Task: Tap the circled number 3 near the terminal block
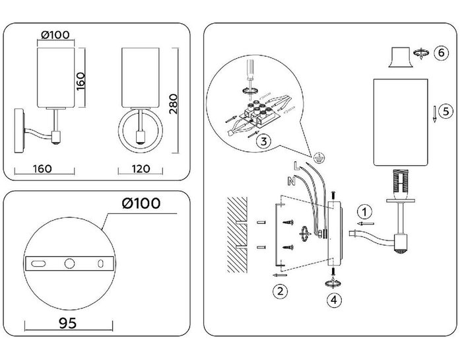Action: click(262, 140)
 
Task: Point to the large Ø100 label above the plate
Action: click(141, 203)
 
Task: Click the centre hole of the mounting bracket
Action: click(69, 263)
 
